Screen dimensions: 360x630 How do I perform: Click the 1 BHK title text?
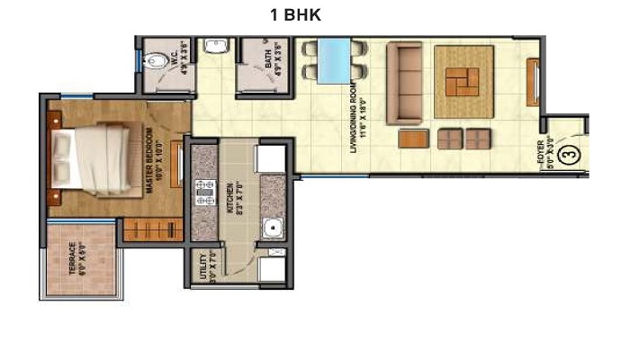(x=296, y=15)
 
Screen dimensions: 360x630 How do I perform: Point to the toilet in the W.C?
(x=155, y=61)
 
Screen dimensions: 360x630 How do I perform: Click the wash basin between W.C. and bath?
(x=215, y=47)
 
